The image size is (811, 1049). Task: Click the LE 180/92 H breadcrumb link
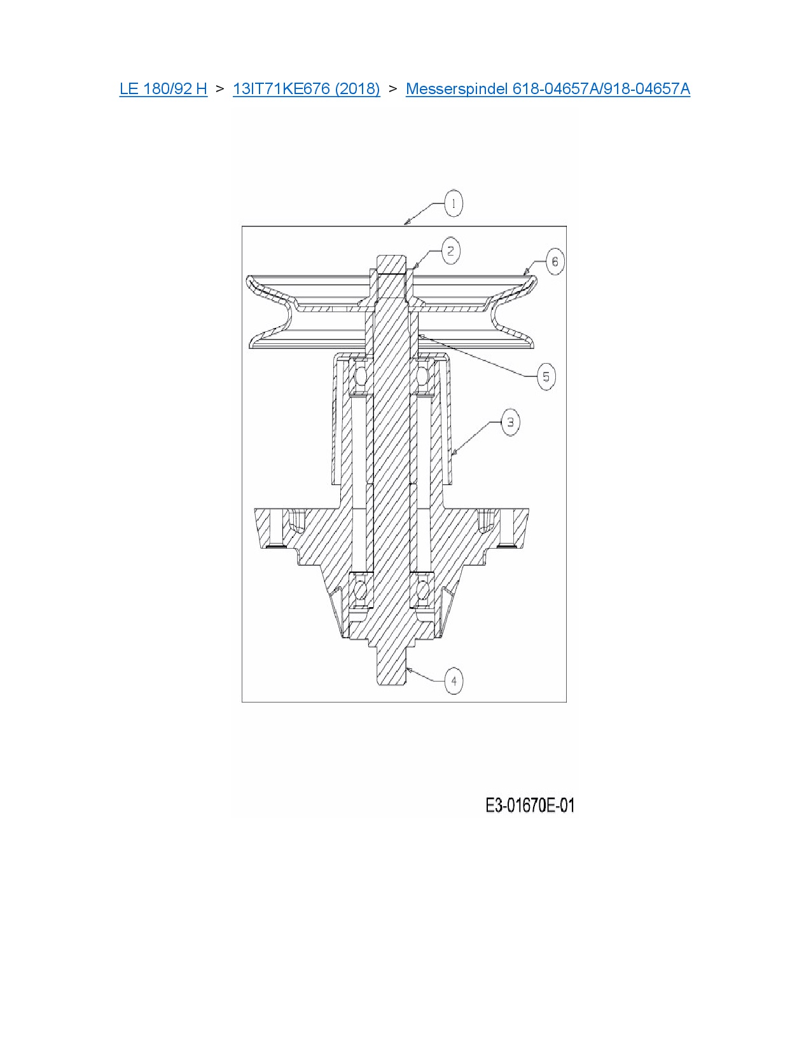163,88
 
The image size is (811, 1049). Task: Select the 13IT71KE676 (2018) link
306,88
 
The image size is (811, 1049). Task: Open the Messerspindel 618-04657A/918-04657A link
548,88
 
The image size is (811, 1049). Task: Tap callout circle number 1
453,203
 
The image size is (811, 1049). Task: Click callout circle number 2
451,251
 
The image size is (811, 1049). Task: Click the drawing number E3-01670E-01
530,806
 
